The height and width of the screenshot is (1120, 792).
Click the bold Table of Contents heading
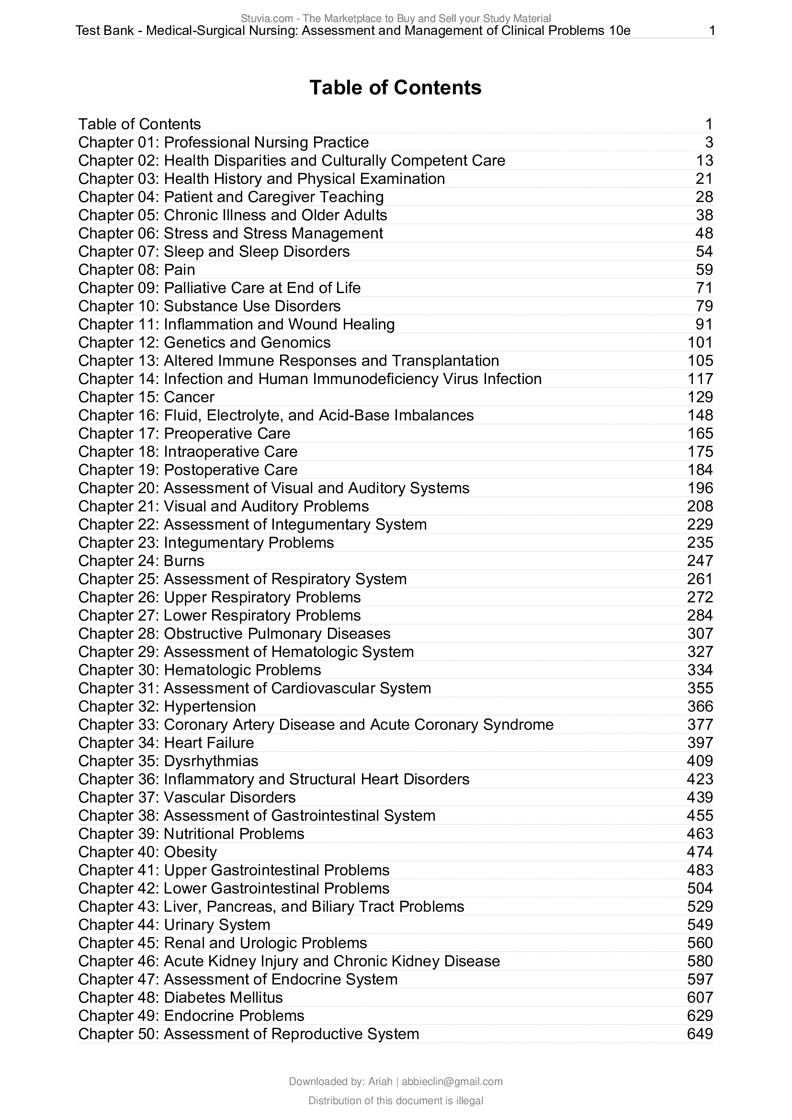[x=395, y=88]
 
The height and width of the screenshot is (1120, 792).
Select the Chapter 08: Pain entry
[x=136, y=270]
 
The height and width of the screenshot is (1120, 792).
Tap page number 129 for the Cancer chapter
[x=700, y=397]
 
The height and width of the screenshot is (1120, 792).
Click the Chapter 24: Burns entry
[x=141, y=561]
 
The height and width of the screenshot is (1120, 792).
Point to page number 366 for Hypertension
[x=700, y=706]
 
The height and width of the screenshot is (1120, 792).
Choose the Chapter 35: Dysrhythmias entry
[x=168, y=761]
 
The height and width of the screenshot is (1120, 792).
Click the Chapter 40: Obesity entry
[x=147, y=852]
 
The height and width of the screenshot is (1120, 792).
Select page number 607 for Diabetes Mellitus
[x=700, y=997]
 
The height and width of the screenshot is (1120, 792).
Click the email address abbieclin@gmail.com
[x=452, y=1082]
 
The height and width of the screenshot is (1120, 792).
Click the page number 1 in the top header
[x=712, y=31]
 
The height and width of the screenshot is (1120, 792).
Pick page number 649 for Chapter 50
[x=700, y=1034]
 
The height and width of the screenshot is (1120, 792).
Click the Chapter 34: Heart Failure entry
[x=166, y=743]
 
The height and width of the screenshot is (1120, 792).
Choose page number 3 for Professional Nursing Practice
[x=709, y=142]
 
